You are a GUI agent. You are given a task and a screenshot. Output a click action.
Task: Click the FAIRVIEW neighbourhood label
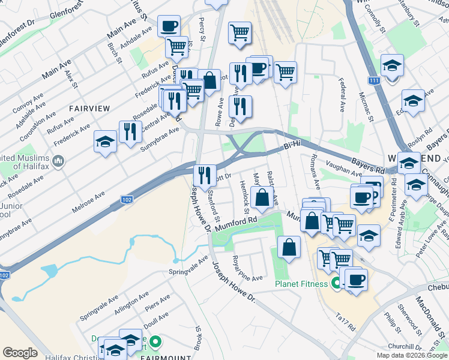pos(89,109)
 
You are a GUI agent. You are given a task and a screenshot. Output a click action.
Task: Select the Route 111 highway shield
pos(375,80)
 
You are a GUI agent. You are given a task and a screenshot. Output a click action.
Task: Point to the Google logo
pos(20,353)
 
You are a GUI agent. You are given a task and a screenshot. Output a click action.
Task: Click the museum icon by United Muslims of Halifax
pos(58,161)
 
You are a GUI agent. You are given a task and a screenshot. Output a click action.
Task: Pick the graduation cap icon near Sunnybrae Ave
pos(105,142)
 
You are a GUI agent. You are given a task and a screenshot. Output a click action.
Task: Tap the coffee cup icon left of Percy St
pos(169,26)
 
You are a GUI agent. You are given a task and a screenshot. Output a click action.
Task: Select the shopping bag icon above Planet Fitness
pos(289,247)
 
